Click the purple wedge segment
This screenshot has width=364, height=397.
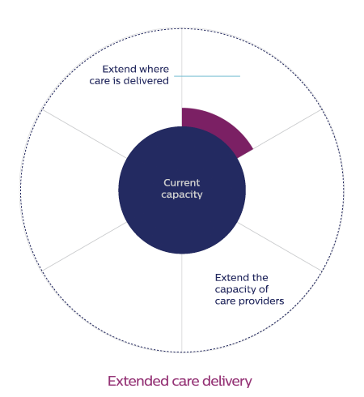tap(216, 127)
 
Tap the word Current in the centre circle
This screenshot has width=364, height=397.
tap(182, 183)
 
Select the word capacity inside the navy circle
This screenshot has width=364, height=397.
tap(182, 194)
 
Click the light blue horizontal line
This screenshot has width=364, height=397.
tap(207, 76)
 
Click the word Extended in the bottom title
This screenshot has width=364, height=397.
tap(138, 381)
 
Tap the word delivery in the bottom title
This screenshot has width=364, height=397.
tap(227, 382)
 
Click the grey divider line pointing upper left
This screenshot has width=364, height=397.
tap(84, 134)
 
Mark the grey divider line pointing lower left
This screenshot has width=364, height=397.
tap(84, 246)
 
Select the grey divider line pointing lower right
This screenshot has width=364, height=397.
tap(280, 246)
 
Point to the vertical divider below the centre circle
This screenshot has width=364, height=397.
tap(182, 303)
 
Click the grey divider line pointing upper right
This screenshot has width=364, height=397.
tap(287, 129)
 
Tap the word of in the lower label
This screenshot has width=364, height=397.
tap(264, 289)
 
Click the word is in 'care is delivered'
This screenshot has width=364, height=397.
tap(116, 81)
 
